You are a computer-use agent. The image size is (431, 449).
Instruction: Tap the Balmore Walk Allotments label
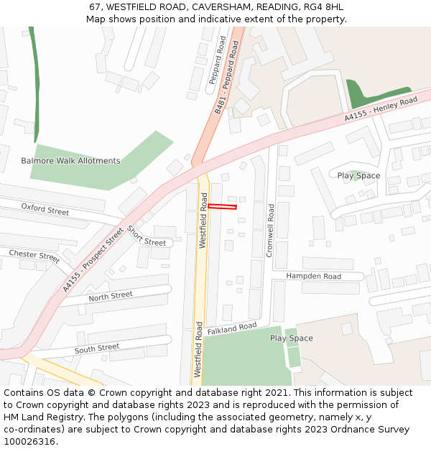pyautogui.click(x=70, y=161)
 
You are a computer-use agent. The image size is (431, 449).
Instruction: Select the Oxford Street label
pyautogui.click(x=45, y=210)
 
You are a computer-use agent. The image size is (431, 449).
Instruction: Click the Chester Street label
pyautogui.click(x=34, y=255)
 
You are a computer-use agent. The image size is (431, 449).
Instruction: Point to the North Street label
pyautogui.click(x=111, y=296)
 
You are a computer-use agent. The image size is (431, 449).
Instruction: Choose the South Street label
pyautogui.click(x=97, y=348)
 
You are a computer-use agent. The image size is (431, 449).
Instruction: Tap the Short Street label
pyautogui.click(x=146, y=236)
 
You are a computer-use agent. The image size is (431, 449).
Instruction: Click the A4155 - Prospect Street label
pyautogui.click(x=93, y=259)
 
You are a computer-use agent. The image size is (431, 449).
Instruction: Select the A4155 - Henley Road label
pyautogui.click(x=380, y=109)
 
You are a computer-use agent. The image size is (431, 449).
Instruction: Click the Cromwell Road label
pyautogui.click(x=270, y=231)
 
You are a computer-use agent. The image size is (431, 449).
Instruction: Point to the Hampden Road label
pyautogui.click(x=313, y=276)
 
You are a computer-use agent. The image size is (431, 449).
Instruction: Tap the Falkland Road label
pyautogui.click(x=232, y=328)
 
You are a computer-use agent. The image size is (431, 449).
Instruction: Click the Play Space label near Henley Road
pyautogui.click(x=358, y=175)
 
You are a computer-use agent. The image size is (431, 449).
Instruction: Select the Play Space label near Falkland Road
pyautogui.click(x=291, y=338)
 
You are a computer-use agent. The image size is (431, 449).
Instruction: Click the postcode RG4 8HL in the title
pyautogui.click(x=325, y=7)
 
